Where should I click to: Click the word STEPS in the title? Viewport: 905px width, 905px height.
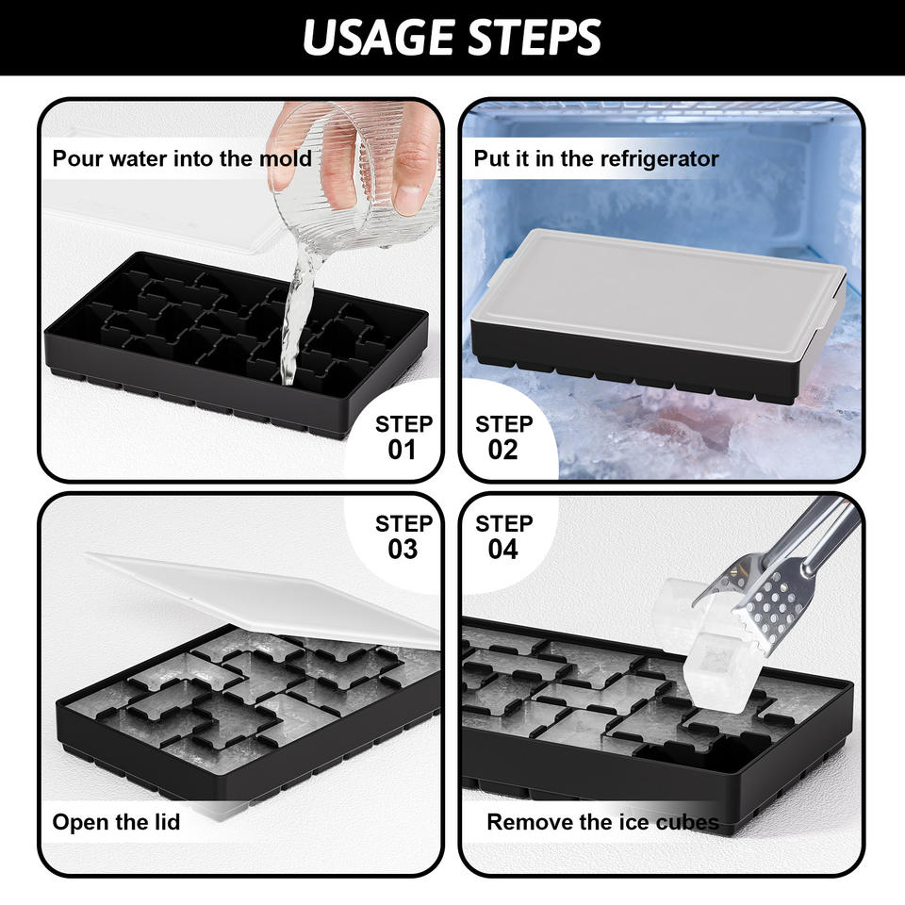click(x=535, y=38)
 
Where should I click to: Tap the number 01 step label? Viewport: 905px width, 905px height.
click(x=402, y=451)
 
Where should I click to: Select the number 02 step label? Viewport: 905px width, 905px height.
click(x=502, y=451)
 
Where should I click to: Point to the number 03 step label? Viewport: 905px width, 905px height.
click(x=403, y=549)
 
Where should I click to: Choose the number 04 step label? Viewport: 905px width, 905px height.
click(x=502, y=549)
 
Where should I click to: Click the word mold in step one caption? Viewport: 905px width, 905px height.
click(x=285, y=158)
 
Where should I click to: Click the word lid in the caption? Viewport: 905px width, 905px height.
click(x=167, y=821)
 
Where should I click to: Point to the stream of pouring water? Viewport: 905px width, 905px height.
click(x=296, y=317)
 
